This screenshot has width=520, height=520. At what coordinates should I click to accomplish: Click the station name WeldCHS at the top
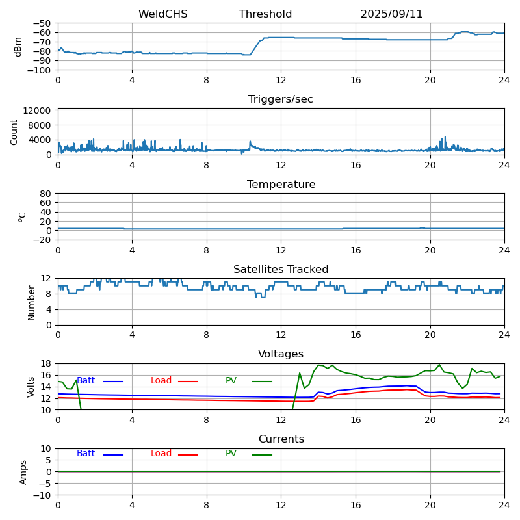162,14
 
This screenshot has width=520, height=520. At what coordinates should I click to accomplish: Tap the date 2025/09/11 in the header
391,14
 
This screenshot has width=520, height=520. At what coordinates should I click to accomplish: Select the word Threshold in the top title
265,14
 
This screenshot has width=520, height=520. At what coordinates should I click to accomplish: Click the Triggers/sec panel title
281,99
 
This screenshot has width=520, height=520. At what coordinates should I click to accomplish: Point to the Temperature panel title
281,185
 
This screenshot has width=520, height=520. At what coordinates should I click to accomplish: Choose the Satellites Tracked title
281,270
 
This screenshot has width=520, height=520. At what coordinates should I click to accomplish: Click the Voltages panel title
281,354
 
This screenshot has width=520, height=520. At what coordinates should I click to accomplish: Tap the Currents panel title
281,439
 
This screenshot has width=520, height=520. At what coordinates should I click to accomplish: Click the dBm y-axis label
18,47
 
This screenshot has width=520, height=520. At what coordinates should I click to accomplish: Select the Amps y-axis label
23,472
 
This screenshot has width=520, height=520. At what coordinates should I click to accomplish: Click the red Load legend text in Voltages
161,381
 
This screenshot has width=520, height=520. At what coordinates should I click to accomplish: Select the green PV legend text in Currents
231,454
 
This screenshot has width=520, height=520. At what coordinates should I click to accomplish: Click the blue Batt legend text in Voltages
86,381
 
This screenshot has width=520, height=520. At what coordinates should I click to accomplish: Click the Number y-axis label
31,302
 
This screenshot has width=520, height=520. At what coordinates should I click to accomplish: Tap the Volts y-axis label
31,387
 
